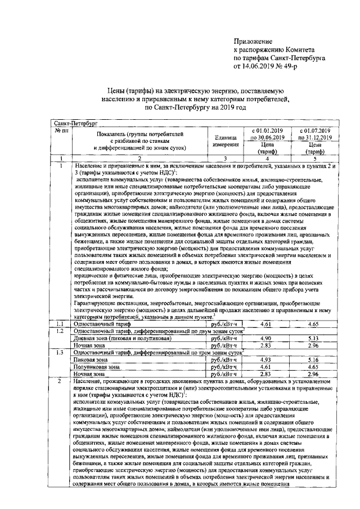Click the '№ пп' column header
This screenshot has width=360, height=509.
tap(61, 130)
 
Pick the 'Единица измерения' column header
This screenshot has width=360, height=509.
tap(224, 141)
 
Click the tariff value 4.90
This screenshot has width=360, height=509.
tap(267, 337)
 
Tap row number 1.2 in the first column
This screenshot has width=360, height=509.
tap(60, 331)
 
